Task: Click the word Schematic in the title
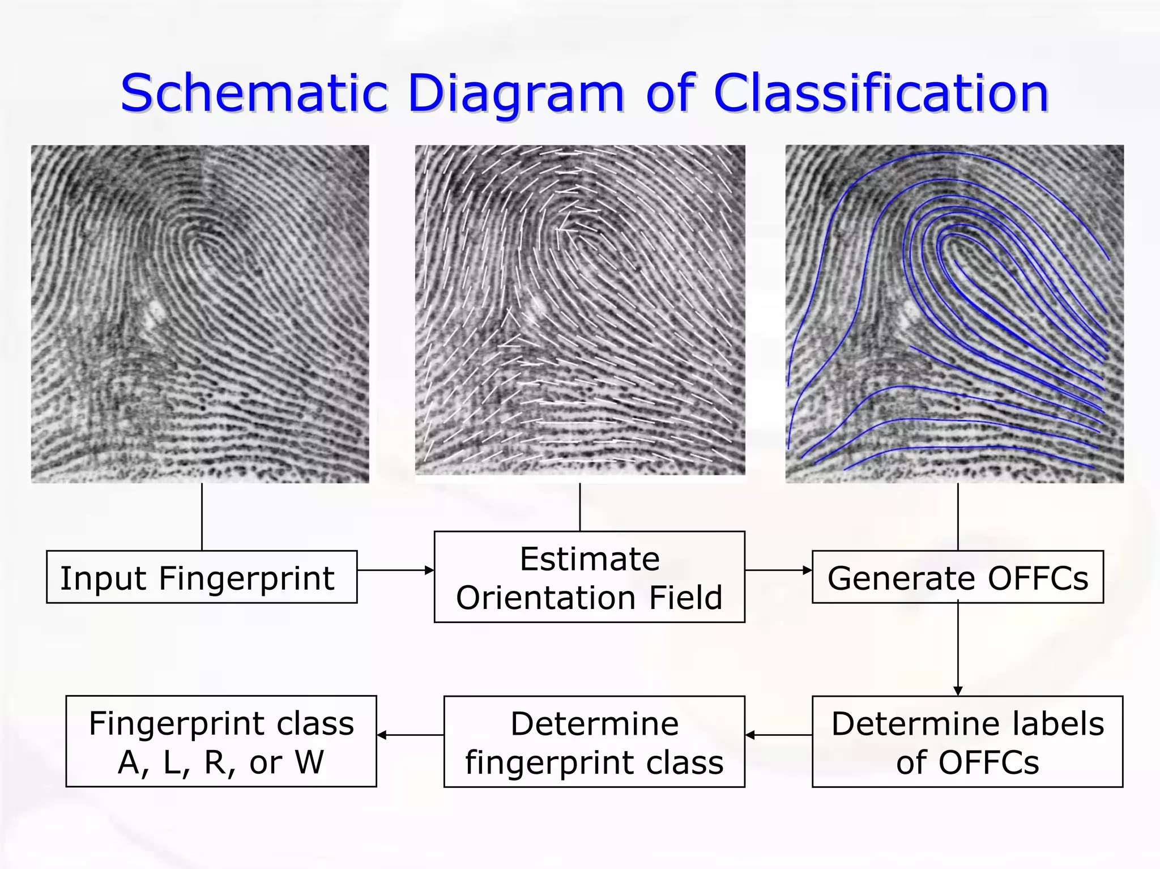254,93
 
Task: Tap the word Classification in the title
881,93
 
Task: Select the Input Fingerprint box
202,577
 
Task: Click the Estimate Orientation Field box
589,577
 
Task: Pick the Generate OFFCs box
957,577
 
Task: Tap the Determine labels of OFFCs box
967,742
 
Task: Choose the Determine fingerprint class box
594,742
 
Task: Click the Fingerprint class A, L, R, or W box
221,742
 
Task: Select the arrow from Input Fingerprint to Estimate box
395,570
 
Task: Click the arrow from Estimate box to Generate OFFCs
778,570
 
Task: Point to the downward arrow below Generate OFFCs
958,649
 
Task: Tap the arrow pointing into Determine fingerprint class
778,735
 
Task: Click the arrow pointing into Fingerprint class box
410,735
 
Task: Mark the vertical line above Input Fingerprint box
202,516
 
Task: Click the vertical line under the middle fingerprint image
580,506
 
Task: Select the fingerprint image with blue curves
954,313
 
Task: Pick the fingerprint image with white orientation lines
580,310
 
